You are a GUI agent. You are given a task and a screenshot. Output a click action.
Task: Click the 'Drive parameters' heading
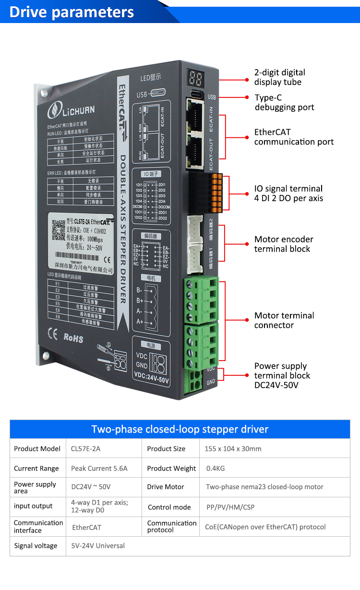72,12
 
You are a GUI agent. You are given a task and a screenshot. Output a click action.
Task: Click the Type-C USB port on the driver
197,94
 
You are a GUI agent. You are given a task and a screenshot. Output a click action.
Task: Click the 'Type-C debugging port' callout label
284,102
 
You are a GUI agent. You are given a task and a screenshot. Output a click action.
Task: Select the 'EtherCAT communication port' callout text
294,137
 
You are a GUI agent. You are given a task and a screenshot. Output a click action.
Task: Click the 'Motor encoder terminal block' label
284,244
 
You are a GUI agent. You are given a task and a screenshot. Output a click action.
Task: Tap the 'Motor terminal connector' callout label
284,320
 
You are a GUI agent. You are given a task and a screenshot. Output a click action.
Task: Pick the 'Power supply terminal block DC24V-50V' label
282,375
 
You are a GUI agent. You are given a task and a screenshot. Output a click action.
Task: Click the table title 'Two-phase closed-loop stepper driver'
180,429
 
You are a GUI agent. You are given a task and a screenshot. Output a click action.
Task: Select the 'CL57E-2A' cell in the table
85,449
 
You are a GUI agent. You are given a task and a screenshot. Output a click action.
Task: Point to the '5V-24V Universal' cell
97,546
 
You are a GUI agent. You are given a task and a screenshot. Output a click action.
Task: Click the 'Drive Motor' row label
166,487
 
